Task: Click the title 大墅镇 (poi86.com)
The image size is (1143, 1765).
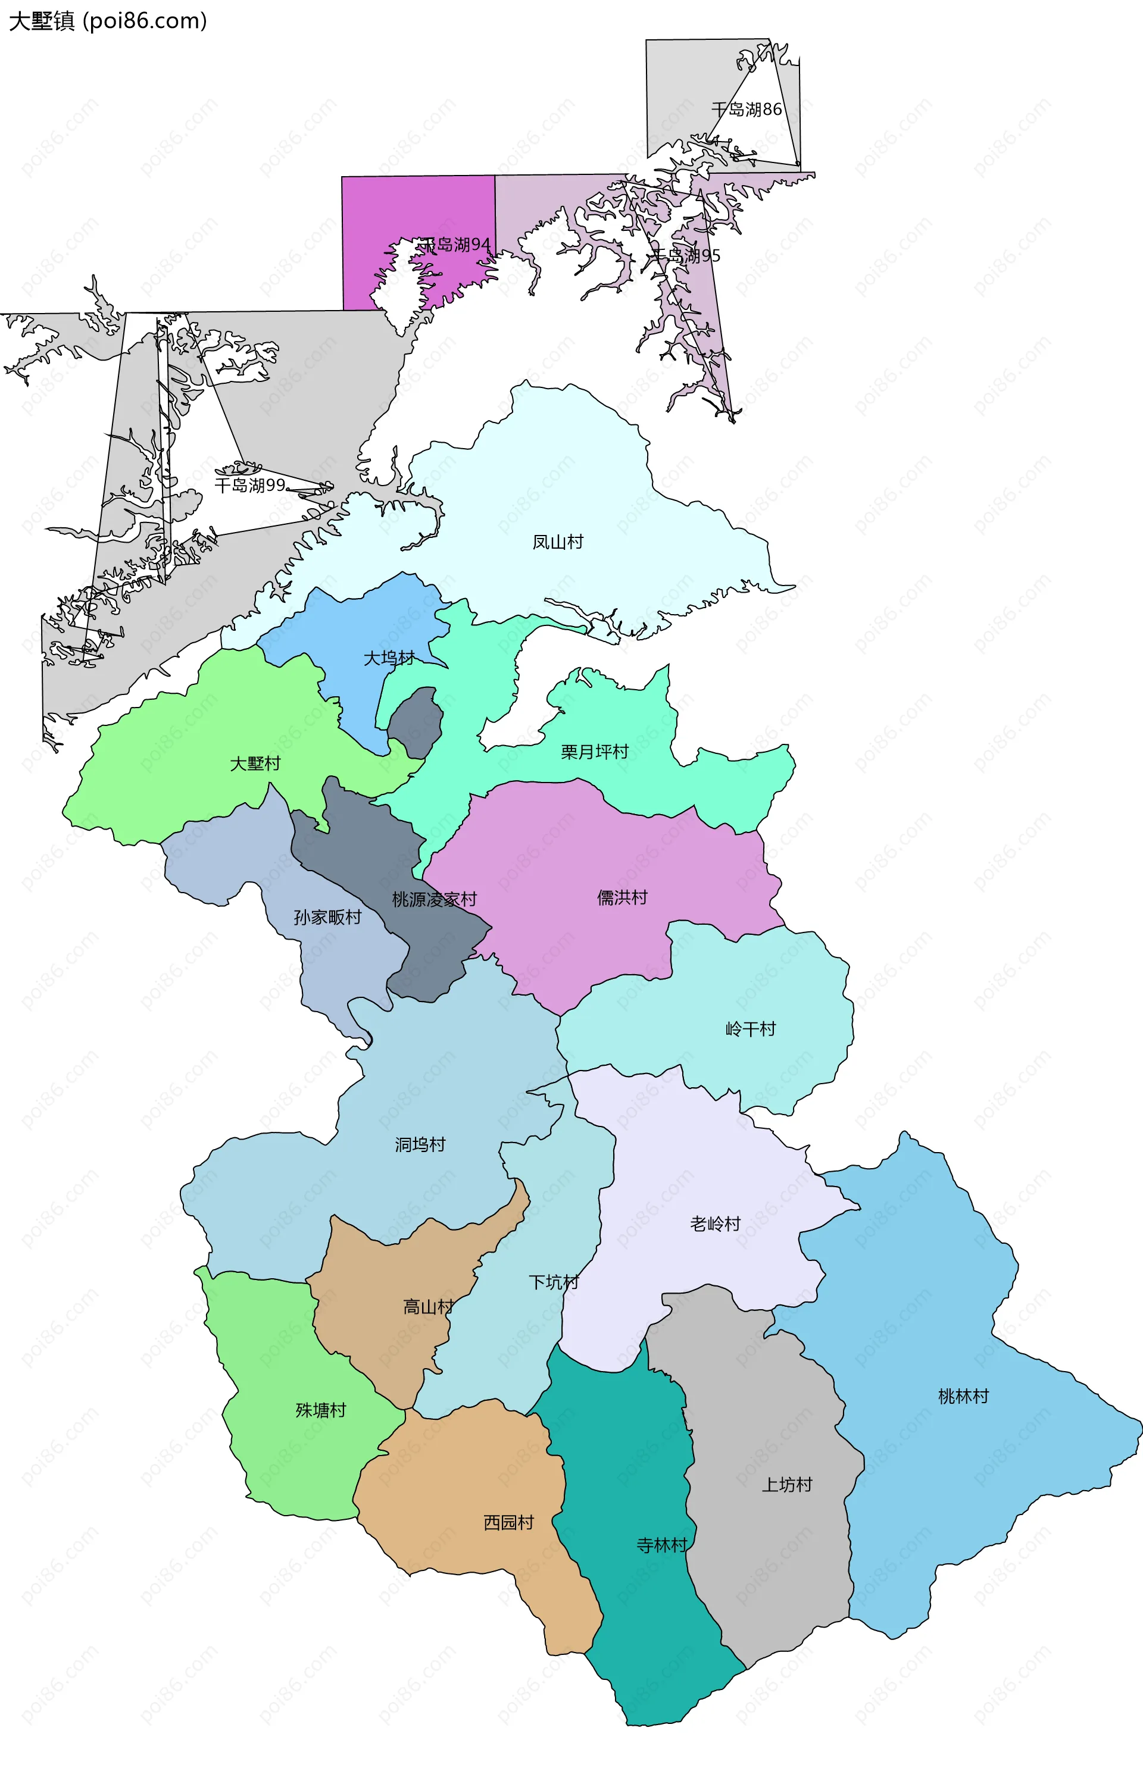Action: point(108,21)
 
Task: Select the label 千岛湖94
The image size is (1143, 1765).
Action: point(455,245)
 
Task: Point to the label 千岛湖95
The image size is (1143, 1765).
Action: point(685,256)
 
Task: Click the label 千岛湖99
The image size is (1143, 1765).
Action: point(250,485)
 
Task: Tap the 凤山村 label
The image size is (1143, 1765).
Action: point(558,542)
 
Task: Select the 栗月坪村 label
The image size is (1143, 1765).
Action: point(594,752)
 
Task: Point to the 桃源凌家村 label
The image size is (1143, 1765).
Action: point(434,900)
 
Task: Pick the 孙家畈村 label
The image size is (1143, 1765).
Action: point(327,918)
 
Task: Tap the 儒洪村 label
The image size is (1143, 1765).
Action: point(622,898)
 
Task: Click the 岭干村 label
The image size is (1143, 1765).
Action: point(750,1029)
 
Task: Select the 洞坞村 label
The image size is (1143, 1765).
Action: point(420,1145)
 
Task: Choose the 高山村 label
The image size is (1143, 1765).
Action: point(428,1307)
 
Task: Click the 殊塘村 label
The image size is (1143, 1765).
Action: point(320,1410)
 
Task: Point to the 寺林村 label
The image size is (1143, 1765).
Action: point(661,1545)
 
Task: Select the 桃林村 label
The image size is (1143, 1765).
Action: point(963,1397)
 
